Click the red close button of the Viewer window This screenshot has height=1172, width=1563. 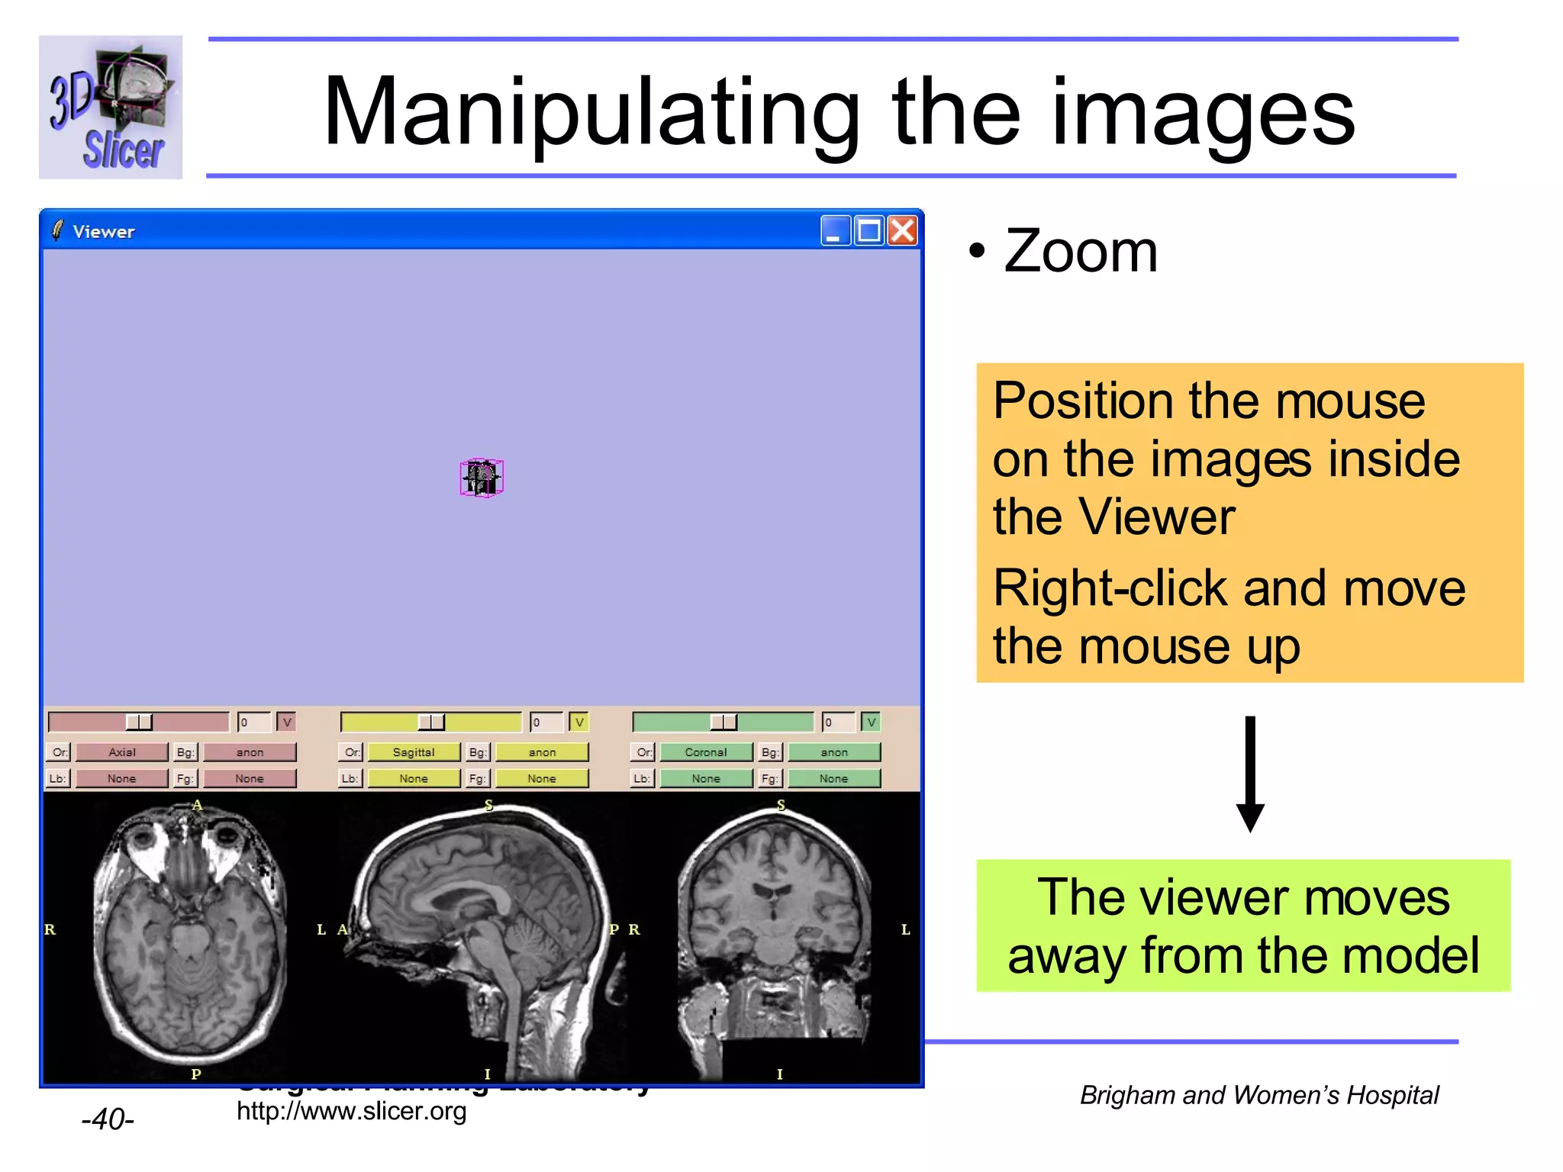903,230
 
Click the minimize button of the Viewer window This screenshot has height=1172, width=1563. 835,230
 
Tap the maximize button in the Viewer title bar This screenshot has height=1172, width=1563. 869,230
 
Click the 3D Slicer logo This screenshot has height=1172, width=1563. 111,108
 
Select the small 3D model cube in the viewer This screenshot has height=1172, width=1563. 482,478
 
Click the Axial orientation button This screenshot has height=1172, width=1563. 122,752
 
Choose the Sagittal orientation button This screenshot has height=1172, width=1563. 414,752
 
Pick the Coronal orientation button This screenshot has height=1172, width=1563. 706,752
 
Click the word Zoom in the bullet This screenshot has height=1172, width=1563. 1081,251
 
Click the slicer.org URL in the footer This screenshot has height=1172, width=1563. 351,1112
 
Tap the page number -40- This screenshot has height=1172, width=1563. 108,1119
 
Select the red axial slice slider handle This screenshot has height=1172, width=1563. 139,722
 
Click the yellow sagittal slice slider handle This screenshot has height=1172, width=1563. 431,722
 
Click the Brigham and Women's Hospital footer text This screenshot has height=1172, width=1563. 1259,1096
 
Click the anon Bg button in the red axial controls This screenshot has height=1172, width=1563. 250,752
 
